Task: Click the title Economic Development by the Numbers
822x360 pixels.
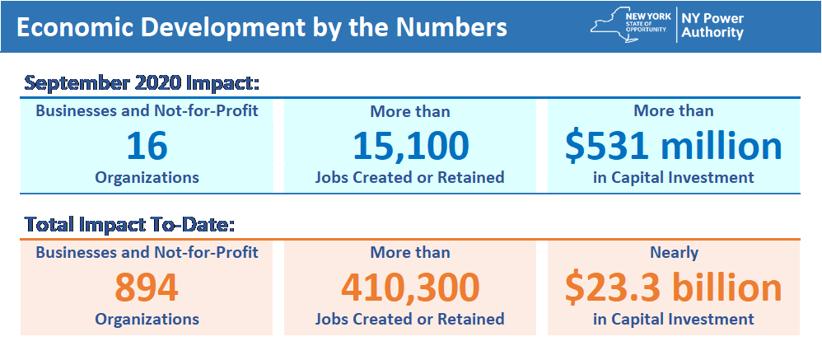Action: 261,26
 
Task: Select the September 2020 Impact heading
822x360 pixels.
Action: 142,84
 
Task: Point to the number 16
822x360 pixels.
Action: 147,146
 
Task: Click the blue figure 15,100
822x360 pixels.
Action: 410,146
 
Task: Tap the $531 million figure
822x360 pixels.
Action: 673,146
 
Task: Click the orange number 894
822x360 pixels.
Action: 147,287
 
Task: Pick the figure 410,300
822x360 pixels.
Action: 410,287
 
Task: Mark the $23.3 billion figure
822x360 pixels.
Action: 673,287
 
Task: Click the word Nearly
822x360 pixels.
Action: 674,252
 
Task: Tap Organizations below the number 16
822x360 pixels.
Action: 147,177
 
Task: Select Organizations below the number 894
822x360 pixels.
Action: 147,318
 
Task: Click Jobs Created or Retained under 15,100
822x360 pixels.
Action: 410,177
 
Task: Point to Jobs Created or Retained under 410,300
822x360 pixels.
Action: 410,318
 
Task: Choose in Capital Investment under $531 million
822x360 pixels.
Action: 674,177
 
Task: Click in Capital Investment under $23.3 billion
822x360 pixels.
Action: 674,318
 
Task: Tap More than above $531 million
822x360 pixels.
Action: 674,110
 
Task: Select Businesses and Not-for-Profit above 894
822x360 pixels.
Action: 147,252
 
